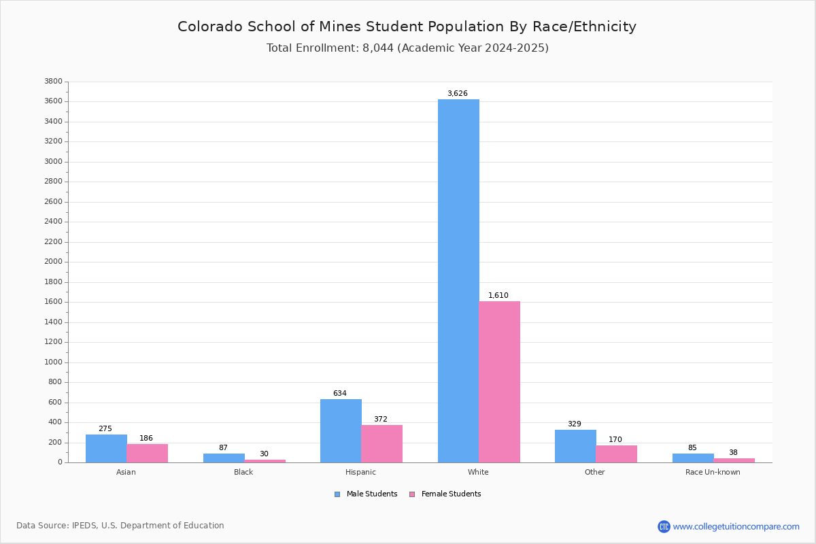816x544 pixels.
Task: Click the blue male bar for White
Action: [458, 281]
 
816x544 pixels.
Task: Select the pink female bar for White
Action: [499, 382]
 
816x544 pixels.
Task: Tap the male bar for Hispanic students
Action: [341, 431]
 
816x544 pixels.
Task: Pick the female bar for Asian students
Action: [147, 454]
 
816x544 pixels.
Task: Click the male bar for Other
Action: [575, 446]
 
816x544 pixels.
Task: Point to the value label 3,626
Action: [458, 93]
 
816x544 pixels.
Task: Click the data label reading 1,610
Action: [498, 295]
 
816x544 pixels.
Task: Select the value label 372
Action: [381, 419]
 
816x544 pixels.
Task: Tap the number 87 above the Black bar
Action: [223, 447]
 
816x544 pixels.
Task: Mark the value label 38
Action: [733, 452]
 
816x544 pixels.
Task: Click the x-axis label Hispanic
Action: [360, 472]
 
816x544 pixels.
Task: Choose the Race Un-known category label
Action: [713, 472]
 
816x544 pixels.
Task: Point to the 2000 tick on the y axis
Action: [54, 262]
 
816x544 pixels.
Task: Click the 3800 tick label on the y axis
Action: [54, 81]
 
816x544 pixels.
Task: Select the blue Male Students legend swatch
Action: [337, 494]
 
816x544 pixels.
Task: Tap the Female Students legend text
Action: [452, 494]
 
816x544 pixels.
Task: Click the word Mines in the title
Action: [340, 27]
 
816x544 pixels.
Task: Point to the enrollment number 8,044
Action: [378, 48]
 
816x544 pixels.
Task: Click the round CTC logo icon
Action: [664, 526]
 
